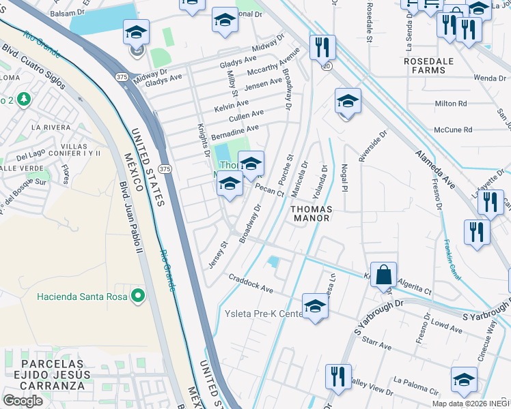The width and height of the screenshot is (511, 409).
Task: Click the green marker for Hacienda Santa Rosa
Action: point(138,295)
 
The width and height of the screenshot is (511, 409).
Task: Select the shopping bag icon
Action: point(384,275)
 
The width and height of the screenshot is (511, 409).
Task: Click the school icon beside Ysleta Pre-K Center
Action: point(315,306)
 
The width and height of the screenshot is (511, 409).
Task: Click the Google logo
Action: point(23,401)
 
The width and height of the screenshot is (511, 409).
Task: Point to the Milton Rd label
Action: point(450,104)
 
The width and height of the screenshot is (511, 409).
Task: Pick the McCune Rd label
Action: point(453,130)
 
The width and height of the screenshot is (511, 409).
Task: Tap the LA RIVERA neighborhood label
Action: point(47,127)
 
